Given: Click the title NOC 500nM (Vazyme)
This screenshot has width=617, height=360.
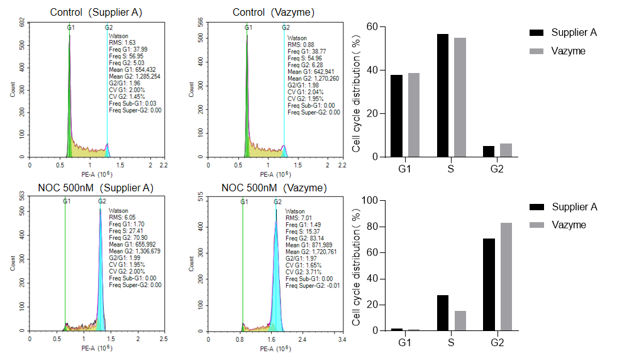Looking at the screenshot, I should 274,188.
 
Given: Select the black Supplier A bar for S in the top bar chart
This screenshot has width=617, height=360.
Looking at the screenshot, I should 443,95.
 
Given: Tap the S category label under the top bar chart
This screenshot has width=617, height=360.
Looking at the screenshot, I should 450,169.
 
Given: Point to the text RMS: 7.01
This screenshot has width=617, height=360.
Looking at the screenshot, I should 299,218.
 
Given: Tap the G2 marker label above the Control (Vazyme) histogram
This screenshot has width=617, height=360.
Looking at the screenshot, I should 286,28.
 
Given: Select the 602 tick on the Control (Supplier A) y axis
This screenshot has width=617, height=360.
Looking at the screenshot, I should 21,23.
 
